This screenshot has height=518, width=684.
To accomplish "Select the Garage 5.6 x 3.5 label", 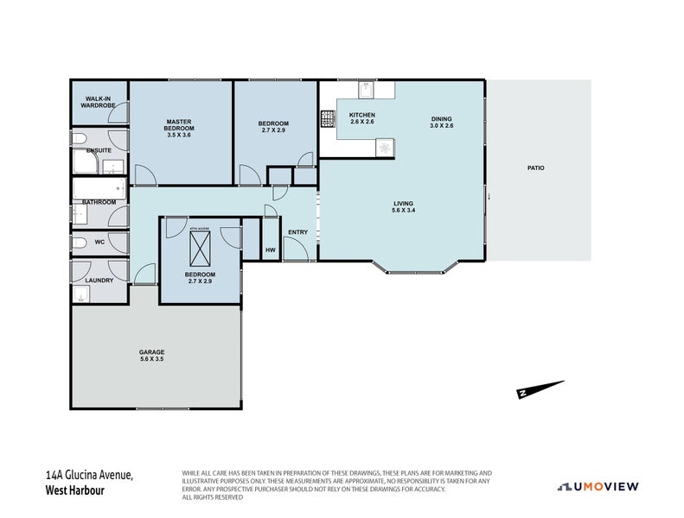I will (151, 355).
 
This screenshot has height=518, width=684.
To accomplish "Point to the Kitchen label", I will (361, 119).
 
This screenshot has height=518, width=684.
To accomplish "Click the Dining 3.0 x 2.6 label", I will (441, 123).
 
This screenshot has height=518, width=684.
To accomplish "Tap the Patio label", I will (536, 167).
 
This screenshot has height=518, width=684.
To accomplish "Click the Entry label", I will (297, 231).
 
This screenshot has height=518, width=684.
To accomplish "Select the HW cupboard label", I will (270, 250).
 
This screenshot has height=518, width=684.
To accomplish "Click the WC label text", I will (99, 242).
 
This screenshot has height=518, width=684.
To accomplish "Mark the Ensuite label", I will (99, 150).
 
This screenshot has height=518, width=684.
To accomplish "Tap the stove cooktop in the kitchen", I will (328, 119).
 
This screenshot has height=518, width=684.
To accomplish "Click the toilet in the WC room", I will (79, 243).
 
